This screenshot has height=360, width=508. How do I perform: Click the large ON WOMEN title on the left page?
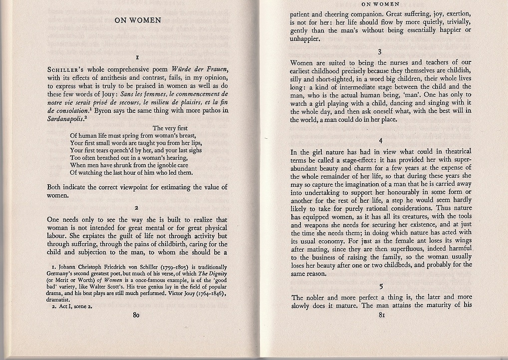click(x=138, y=20)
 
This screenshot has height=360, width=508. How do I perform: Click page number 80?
click(x=136, y=315)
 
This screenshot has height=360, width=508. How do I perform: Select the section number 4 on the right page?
click(x=380, y=140)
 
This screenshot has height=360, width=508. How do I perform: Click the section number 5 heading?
click(x=381, y=287)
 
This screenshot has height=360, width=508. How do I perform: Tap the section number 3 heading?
click(x=380, y=51)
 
